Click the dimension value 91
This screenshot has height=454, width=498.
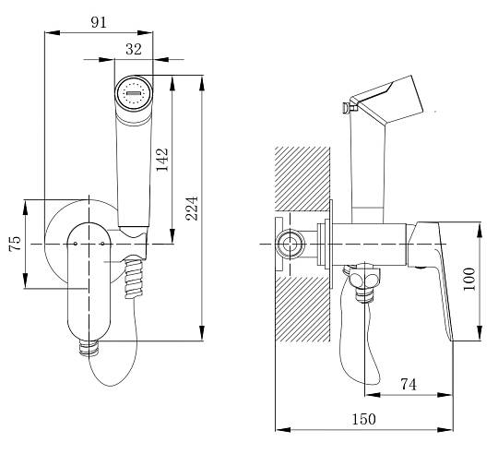click(x=99, y=22)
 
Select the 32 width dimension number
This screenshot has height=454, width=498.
click(x=134, y=49)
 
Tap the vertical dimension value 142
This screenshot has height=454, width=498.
click(x=162, y=160)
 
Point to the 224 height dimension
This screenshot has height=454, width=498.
click(x=192, y=209)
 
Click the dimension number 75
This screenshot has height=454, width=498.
click(x=15, y=244)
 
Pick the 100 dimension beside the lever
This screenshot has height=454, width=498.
click(x=469, y=279)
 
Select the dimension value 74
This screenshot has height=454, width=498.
click(x=409, y=385)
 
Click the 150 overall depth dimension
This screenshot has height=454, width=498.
click(x=364, y=419)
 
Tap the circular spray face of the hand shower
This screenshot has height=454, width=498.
click(x=134, y=93)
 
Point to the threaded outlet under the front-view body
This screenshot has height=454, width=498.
click(x=89, y=347)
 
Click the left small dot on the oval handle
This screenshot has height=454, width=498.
click(x=76, y=244)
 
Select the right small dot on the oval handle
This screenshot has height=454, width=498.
click(x=102, y=244)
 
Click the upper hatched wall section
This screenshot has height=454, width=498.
click(x=302, y=179)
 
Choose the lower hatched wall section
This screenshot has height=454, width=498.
click(x=302, y=309)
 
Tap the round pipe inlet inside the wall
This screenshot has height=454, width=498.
click(x=289, y=245)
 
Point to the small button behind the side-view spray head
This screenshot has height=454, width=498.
click(x=347, y=107)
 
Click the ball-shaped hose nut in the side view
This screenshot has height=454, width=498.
click(x=365, y=277)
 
